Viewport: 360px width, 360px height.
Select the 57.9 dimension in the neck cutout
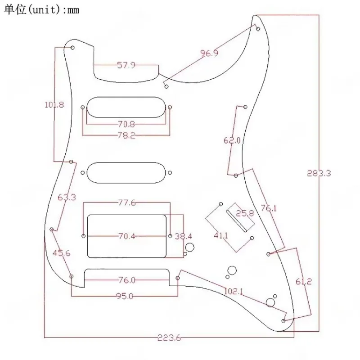coord(126,65)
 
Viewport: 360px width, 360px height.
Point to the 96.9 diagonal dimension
coord(209,54)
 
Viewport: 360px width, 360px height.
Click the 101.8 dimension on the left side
coord(54,105)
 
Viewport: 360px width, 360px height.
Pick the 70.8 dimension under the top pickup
coord(126,124)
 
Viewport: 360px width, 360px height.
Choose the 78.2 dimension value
coord(126,135)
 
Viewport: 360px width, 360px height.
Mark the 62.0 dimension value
coord(232,140)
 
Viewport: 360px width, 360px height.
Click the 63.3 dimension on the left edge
coord(67,197)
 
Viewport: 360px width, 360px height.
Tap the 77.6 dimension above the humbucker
coord(127,203)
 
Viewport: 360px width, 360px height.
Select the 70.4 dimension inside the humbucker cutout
coord(126,236)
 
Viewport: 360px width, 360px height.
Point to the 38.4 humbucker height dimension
coord(183,236)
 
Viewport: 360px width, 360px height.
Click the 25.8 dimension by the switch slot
coord(245,214)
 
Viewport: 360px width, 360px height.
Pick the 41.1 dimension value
coord(220,235)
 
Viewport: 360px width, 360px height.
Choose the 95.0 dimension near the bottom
coord(125,296)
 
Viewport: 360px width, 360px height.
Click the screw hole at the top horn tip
coord(258,29)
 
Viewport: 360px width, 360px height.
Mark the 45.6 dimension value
coord(61,253)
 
